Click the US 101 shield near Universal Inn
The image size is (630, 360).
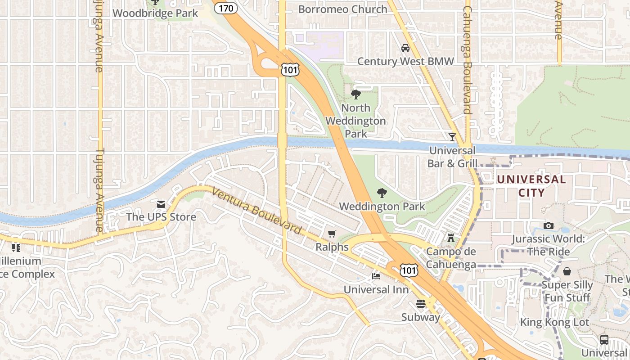click(x=409, y=270)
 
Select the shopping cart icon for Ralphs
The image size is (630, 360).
click(x=332, y=234)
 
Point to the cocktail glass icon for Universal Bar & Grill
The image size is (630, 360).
click(x=452, y=137)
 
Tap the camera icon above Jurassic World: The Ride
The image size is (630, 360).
click(x=548, y=225)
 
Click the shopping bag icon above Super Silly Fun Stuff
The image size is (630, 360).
click(x=567, y=271)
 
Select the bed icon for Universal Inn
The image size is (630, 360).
click(x=376, y=276)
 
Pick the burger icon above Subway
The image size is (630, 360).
click(x=421, y=304)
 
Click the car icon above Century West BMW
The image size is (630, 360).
click(x=405, y=48)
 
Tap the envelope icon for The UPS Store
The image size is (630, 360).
click(x=161, y=204)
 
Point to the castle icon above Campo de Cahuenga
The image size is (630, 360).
click(x=451, y=238)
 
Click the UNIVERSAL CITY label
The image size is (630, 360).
click(x=531, y=186)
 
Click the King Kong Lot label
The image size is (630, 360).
click(x=554, y=322)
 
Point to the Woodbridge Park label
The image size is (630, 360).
click(x=155, y=13)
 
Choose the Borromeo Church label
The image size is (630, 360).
click(x=342, y=9)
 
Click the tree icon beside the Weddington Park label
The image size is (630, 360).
click(x=382, y=193)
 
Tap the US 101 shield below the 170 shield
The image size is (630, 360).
click(x=289, y=69)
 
